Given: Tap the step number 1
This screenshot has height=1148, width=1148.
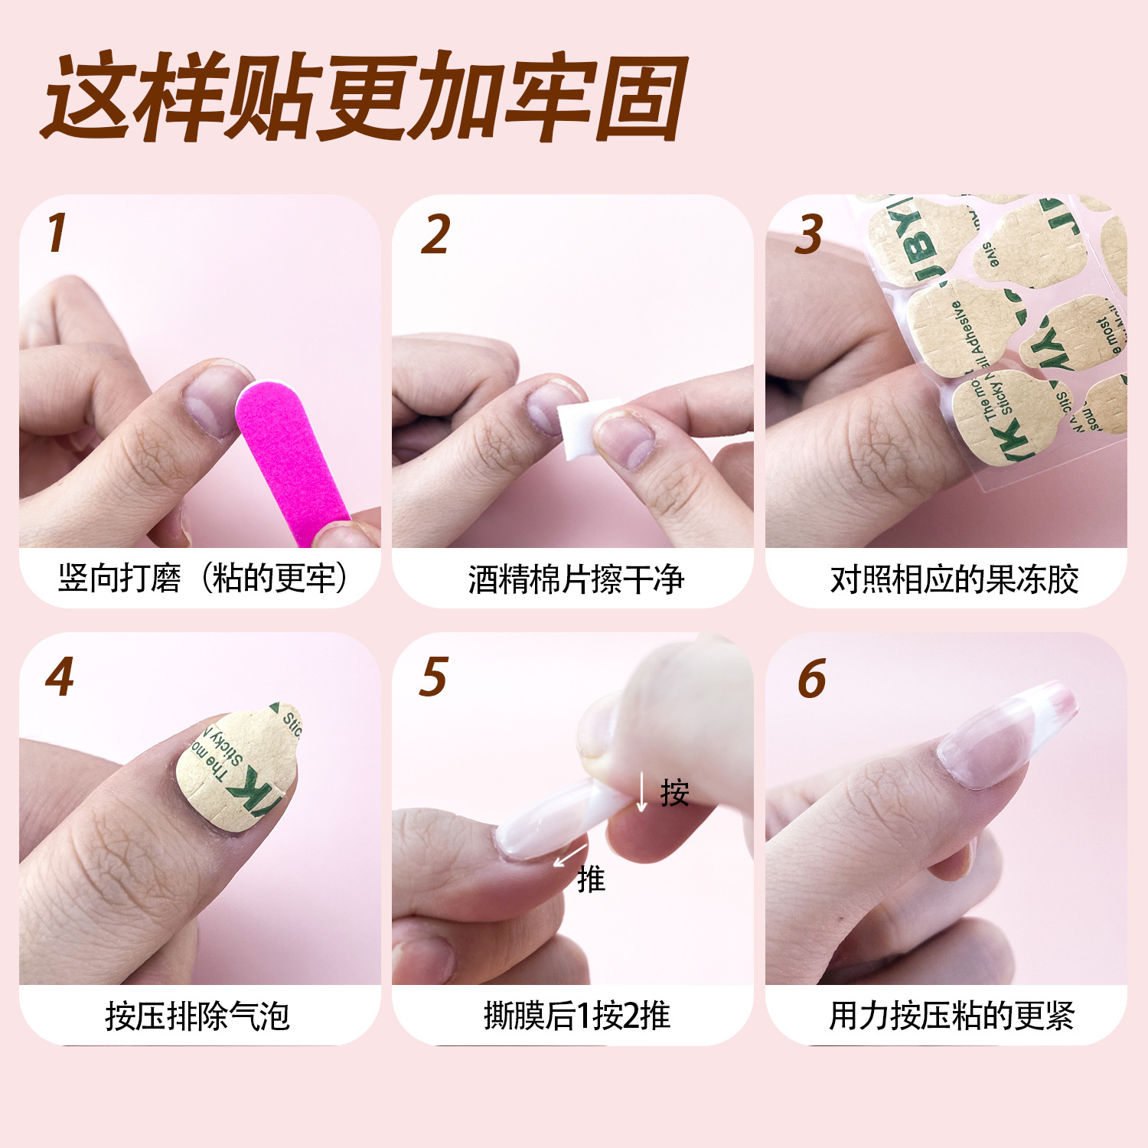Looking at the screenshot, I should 57,233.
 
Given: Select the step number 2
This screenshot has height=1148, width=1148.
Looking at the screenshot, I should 435,234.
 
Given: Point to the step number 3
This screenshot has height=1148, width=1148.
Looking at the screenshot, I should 809,234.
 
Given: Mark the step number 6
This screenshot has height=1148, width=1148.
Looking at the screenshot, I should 811,678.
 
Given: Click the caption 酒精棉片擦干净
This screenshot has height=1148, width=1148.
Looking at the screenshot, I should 576,579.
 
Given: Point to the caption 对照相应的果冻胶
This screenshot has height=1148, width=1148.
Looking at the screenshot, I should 954,579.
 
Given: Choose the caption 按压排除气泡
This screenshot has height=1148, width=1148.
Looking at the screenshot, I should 197,1016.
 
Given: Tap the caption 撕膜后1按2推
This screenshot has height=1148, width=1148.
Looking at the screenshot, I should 576,1016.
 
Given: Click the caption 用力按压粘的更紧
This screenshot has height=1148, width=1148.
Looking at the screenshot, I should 951,1016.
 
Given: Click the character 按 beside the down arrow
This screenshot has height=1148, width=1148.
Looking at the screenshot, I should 674,793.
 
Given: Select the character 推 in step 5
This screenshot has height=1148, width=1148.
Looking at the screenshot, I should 591,879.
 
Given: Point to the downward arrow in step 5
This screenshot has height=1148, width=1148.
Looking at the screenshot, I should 642,792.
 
